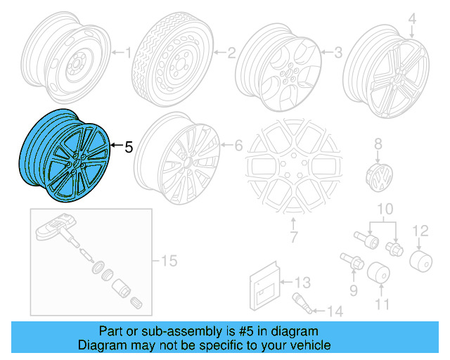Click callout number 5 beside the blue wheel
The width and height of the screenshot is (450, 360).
point(127,148)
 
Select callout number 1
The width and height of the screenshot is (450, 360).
point(127,51)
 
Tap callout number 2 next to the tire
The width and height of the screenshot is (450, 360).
point(230,51)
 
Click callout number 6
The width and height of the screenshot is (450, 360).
point(238,146)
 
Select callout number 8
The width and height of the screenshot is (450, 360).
point(378,143)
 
